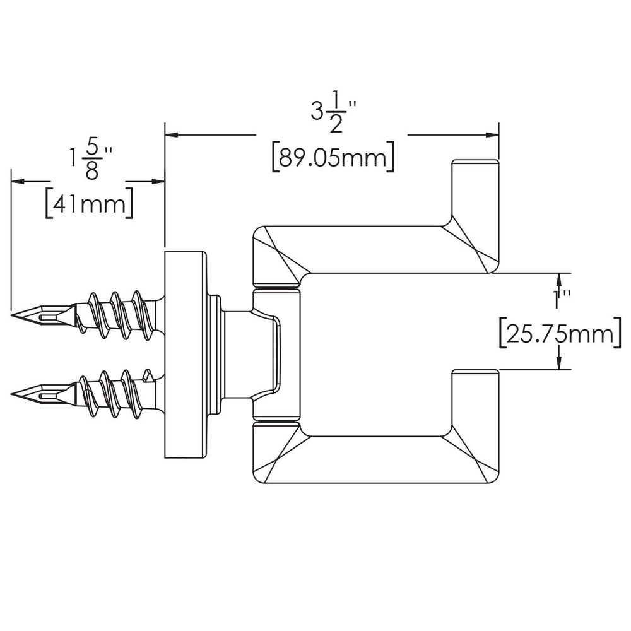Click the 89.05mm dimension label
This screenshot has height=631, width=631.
[333, 156]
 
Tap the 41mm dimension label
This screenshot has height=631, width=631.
[89, 203]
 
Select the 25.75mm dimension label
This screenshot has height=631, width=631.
[560, 333]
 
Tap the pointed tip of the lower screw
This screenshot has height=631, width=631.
[12, 393]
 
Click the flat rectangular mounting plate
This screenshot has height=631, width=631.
[186, 355]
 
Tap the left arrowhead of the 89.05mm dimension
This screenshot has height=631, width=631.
[172, 135]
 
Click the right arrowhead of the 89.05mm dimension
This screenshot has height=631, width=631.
[492, 135]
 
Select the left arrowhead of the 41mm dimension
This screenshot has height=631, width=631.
[18, 182]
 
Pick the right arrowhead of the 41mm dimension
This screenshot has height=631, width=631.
[158, 182]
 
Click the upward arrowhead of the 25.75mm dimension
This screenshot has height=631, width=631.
[559, 280]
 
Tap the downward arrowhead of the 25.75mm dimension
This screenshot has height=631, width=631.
[559, 362]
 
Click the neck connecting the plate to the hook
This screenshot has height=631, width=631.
[237, 355]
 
